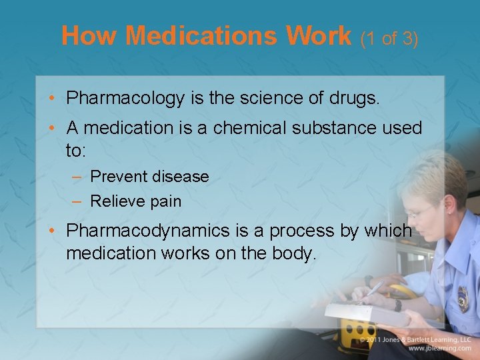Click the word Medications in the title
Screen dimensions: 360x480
point(204,35)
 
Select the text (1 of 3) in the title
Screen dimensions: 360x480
point(389,39)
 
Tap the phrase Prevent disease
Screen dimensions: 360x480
point(149,177)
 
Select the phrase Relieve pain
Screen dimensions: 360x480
point(135,201)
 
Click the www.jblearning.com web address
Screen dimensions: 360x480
point(440,349)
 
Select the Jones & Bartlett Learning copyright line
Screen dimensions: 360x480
point(416,339)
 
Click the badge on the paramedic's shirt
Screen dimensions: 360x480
point(463,299)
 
